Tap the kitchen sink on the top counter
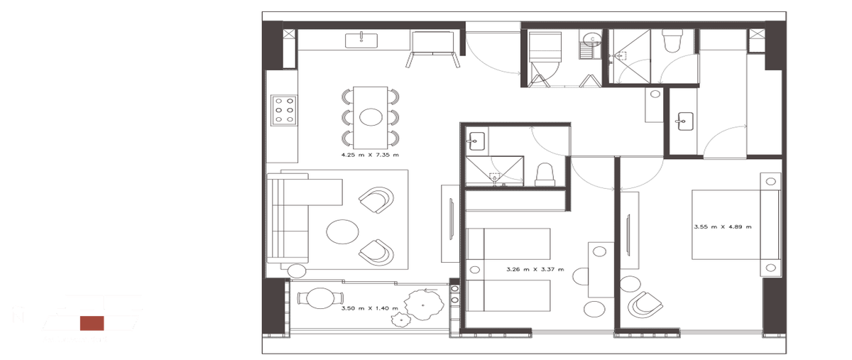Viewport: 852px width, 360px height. click(362, 40)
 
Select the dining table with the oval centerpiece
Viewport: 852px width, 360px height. click(371, 116)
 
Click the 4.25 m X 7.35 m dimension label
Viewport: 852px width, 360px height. click(369, 154)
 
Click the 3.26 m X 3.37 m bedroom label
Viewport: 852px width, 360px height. click(535, 270)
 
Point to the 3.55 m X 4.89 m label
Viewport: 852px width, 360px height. click(722, 227)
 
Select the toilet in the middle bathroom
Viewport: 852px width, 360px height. click(545, 173)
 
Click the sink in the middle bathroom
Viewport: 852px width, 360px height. click(476, 141)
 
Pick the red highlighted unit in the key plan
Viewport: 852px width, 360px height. click(90, 323)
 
